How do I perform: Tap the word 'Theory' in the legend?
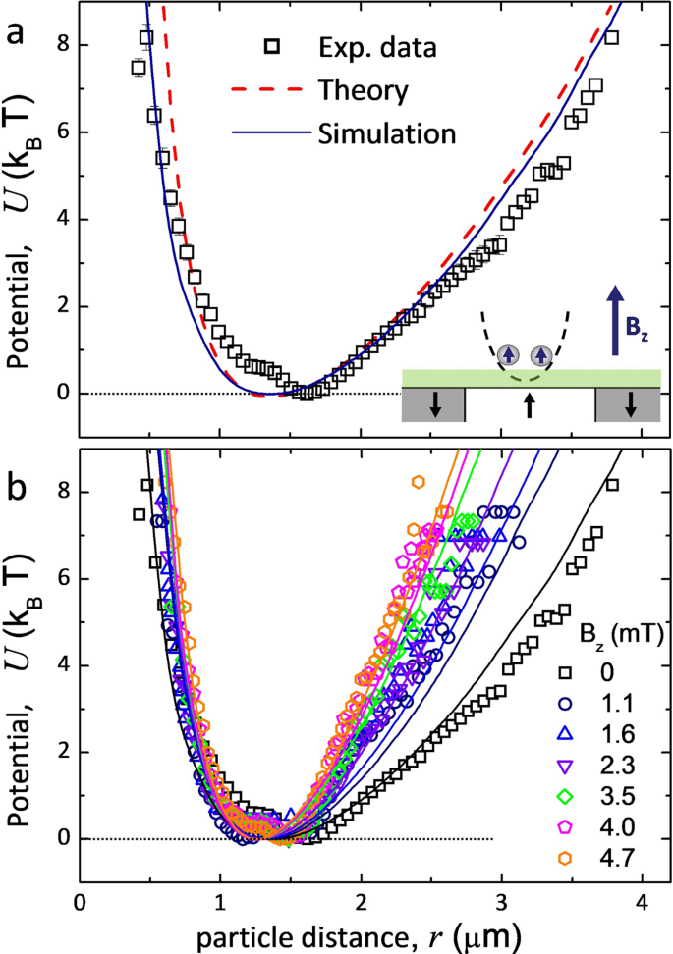click(364, 89)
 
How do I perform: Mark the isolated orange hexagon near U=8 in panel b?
click(419, 481)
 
